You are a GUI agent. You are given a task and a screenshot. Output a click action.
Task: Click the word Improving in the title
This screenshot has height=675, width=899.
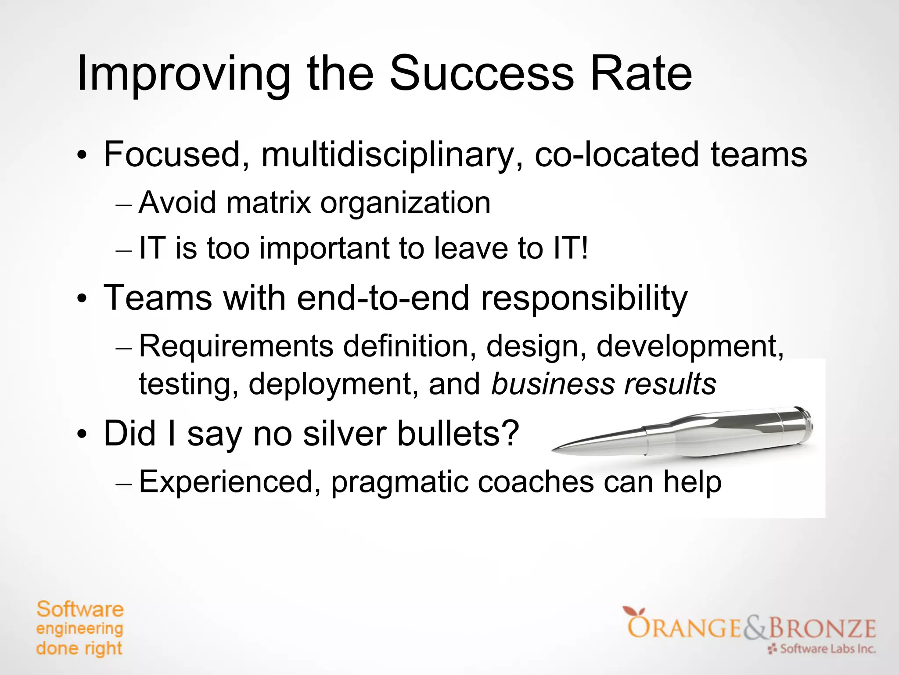click(183, 75)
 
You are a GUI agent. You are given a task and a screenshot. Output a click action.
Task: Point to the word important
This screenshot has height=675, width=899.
click(324, 249)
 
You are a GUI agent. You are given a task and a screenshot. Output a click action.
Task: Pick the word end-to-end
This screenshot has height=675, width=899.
click(383, 298)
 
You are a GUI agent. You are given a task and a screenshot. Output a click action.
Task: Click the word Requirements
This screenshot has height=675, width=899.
click(236, 347)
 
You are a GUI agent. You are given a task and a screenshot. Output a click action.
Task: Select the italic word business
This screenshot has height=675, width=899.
click(553, 384)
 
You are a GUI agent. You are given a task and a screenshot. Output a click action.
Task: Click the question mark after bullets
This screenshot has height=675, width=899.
click(509, 433)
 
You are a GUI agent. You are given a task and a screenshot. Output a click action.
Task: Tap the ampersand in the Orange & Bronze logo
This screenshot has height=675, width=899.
click(755, 628)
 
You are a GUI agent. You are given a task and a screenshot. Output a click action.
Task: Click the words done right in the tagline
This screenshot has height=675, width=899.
click(79, 649)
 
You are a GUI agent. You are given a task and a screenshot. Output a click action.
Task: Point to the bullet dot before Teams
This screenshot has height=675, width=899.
click(82, 299)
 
